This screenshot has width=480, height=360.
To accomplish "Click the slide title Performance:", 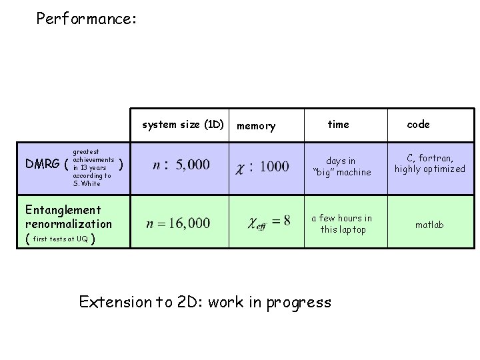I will point(87,19).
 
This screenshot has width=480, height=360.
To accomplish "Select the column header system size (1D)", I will point(183,125).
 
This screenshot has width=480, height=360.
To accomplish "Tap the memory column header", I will point(256,126).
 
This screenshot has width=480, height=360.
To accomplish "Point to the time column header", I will point(338,125).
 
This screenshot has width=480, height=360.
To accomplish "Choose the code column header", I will point(418,125).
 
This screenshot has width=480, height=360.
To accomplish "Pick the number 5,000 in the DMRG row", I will point(193,164).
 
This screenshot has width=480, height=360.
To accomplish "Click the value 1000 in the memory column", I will point(275,166).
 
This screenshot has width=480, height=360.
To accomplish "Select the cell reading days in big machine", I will point(342,167).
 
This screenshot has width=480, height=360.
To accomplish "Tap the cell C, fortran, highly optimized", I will point(429,163).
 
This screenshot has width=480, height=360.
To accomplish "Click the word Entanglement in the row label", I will point(63,211).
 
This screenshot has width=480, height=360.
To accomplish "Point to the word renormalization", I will point(69,224).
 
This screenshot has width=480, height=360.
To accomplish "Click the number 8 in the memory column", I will point(286,221).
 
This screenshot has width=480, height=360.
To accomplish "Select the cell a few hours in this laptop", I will point(342,224).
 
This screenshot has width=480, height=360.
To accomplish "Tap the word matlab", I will point(429,225).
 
